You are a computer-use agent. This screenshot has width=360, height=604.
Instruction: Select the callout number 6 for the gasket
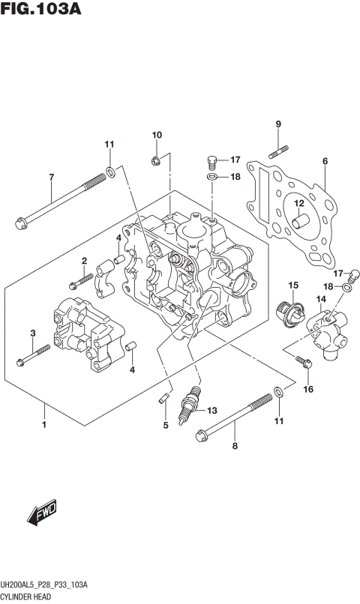(x=325, y=161)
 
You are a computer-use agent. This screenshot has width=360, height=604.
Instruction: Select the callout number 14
(x=320, y=300)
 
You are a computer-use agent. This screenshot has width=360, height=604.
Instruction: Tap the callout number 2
(x=84, y=261)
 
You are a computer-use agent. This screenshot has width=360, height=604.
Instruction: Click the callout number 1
(x=44, y=425)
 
